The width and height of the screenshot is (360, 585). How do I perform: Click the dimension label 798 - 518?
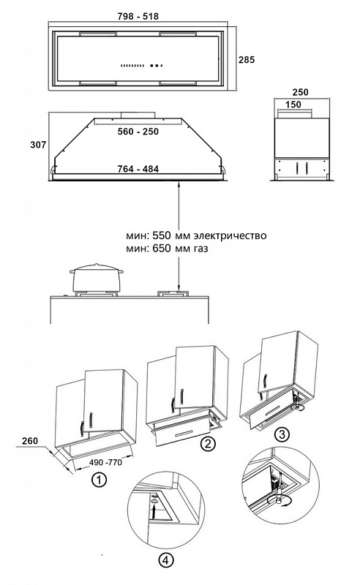(x=138, y=16)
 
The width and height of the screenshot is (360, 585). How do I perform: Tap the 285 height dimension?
(x=247, y=60)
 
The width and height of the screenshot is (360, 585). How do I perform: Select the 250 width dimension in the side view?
(x=300, y=92)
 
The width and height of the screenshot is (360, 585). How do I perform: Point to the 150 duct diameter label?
(x=293, y=105)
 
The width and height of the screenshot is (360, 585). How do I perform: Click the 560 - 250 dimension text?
(x=138, y=132)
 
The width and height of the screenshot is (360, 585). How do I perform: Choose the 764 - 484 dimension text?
(x=138, y=169)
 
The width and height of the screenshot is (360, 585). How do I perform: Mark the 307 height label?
(x=38, y=145)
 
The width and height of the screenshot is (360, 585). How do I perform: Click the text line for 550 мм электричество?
(x=196, y=235)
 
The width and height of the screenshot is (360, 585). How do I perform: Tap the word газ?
(x=200, y=249)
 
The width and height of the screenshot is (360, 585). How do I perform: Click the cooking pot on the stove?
(x=97, y=278)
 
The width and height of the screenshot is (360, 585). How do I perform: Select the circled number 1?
(x=99, y=480)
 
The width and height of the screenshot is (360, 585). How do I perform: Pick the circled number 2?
(x=208, y=444)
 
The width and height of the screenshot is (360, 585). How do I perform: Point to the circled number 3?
(x=282, y=434)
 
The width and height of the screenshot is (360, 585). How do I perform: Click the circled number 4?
(x=166, y=560)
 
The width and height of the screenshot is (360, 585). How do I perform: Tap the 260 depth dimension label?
(x=30, y=441)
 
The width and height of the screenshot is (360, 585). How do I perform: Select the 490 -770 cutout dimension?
(x=105, y=463)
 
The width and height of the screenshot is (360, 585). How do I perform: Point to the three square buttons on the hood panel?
(x=157, y=66)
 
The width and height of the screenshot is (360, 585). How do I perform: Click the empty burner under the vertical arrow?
(x=173, y=294)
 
